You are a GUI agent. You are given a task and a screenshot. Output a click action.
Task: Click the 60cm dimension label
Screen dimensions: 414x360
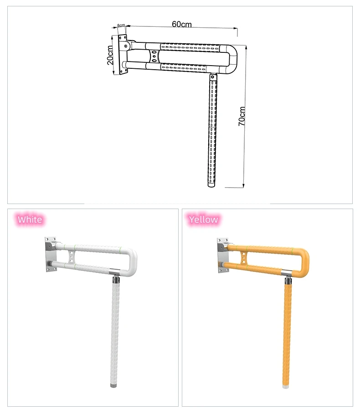[182, 24]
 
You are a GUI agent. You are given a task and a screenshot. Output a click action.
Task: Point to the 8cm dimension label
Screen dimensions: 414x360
[121, 26]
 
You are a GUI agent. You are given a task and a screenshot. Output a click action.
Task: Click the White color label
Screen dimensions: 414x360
[30, 220]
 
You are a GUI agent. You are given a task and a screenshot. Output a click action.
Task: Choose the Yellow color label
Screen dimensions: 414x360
[204, 220]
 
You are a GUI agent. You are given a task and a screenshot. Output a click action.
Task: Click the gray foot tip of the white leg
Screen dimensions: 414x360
[113, 384]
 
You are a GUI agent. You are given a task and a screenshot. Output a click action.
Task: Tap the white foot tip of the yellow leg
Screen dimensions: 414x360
[287, 384]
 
